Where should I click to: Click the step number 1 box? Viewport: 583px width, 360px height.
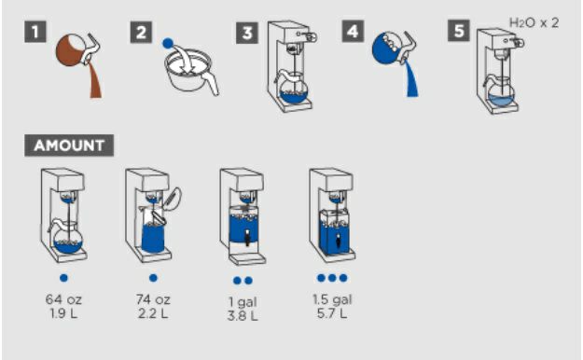point(35,32)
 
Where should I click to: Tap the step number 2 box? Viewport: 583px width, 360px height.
point(141,33)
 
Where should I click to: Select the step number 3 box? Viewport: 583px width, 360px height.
point(247,33)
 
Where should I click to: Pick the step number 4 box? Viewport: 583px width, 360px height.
point(353,31)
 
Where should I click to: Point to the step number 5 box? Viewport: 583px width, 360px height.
point(458,31)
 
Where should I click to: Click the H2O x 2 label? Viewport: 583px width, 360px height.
point(534,23)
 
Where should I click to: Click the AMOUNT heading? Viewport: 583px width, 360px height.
point(69,145)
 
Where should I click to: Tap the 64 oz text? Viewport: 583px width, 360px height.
point(63,299)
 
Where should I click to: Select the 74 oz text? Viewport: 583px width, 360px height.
point(153,299)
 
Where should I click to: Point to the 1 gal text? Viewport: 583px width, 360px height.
point(243,302)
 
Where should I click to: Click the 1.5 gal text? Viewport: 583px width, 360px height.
point(332,299)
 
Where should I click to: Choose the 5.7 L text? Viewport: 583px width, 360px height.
point(332,313)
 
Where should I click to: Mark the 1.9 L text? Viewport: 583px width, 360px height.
point(63,313)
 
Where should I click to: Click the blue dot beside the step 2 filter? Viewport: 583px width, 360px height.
point(168,44)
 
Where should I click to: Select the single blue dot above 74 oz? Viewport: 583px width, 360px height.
point(153,278)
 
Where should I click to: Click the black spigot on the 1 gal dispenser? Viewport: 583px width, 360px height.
point(247,238)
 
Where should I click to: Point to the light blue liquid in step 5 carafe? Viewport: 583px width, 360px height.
point(501,100)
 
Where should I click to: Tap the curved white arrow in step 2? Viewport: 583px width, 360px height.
point(186,56)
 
